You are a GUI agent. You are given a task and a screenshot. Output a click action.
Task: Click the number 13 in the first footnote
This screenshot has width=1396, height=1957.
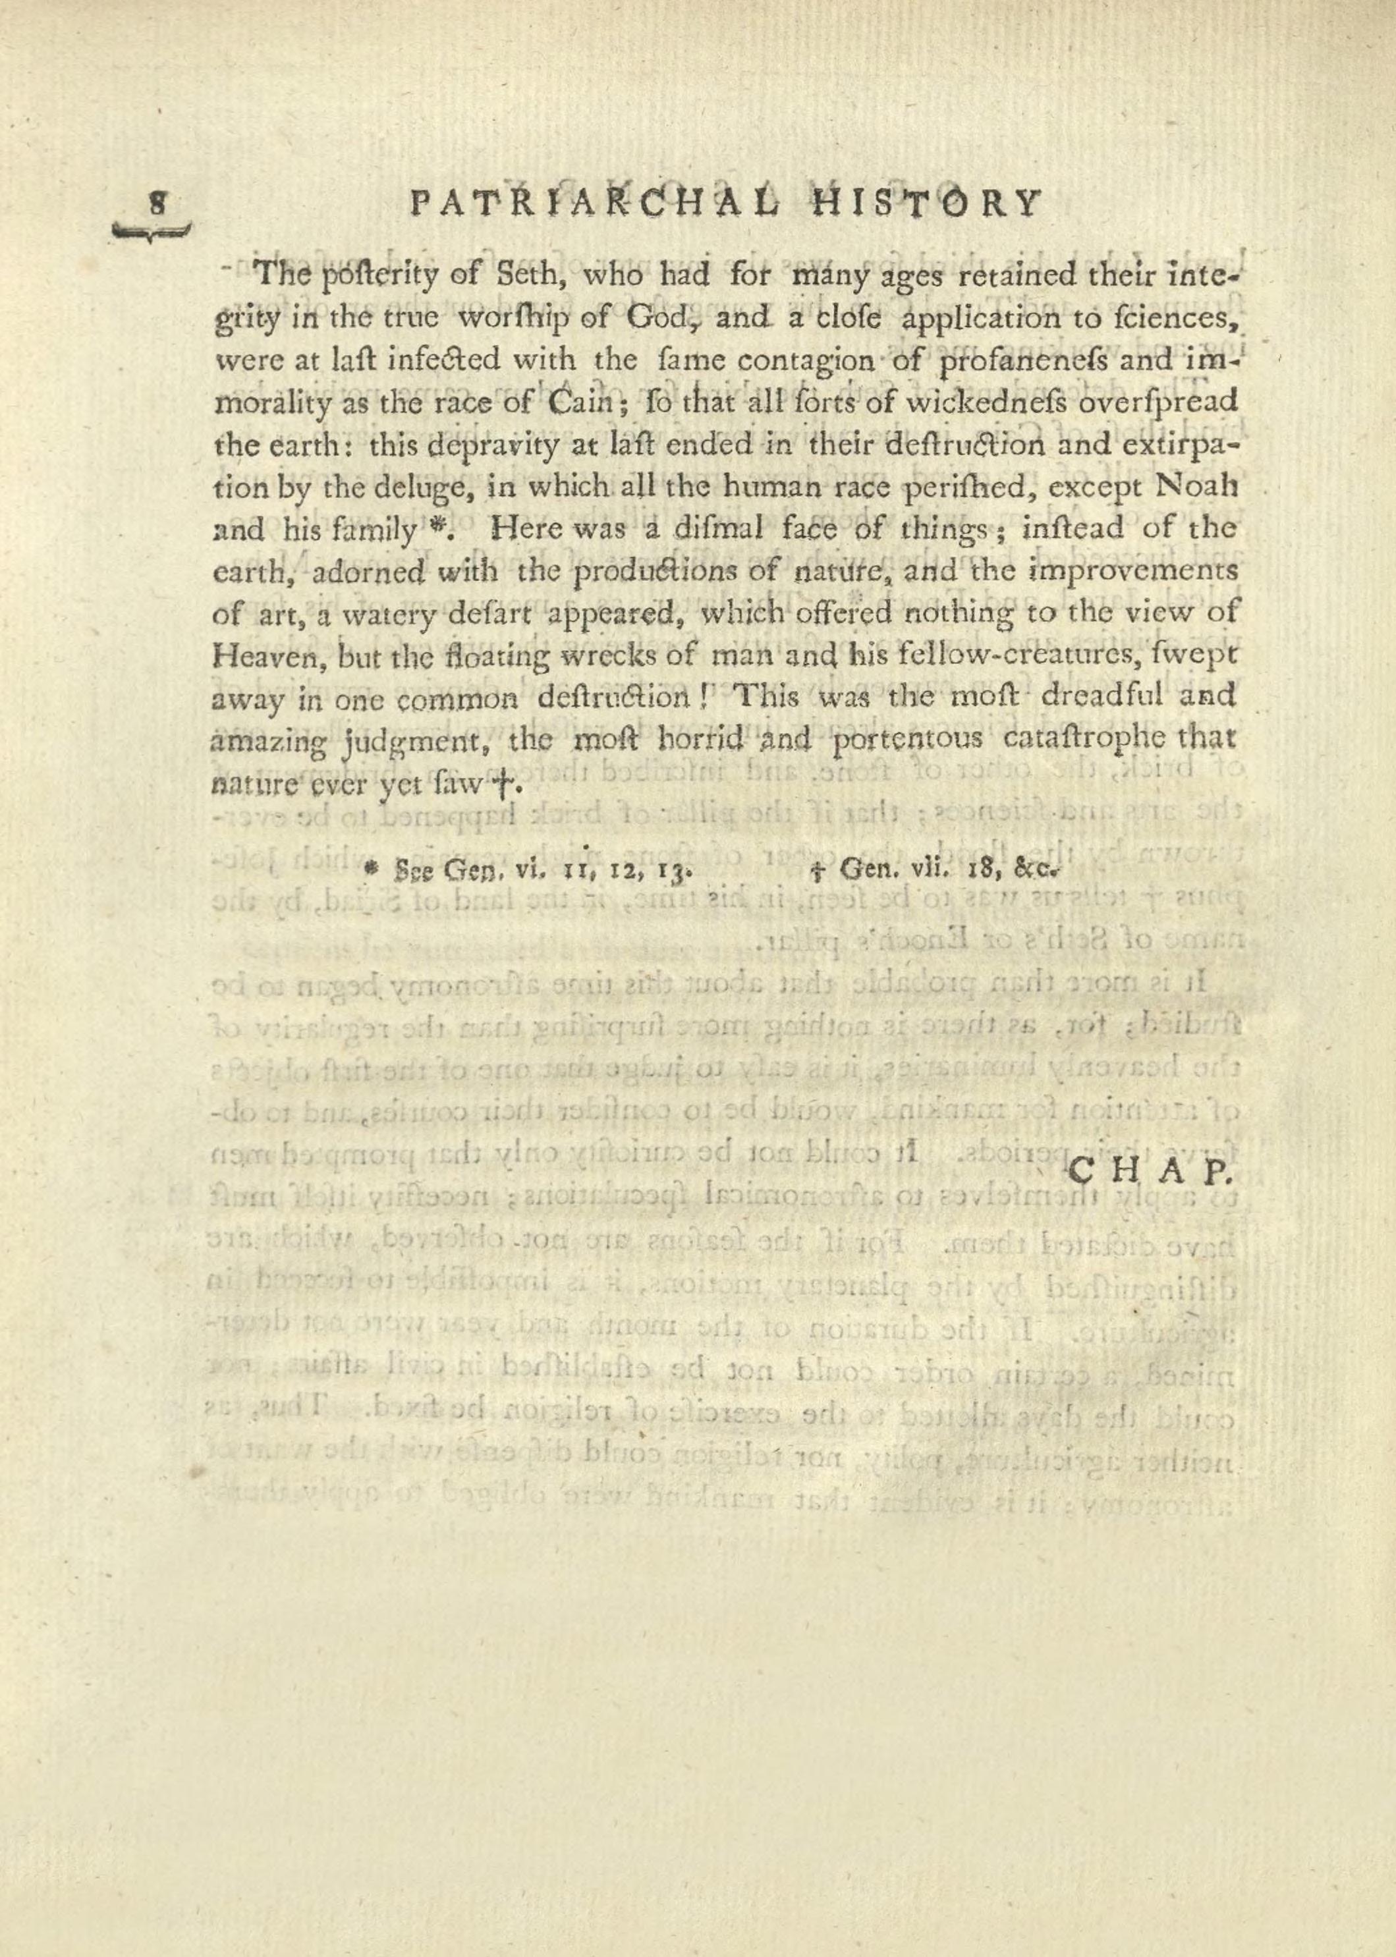669,871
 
